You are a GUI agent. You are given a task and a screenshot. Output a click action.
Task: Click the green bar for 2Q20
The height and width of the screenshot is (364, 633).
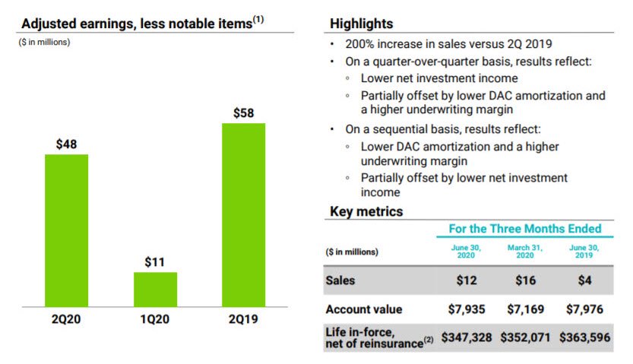(66, 229)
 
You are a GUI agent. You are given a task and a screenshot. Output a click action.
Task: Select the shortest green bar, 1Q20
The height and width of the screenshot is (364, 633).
(155, 289)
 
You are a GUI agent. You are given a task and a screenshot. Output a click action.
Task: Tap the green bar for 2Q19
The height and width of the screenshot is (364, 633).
(243, 214)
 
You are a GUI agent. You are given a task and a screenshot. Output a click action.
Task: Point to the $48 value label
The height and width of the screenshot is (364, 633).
(67, 144)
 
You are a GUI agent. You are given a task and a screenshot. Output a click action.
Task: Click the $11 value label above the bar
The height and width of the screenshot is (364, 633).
(155, 262)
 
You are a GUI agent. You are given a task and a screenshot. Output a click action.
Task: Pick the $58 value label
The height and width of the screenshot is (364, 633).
(243, 113)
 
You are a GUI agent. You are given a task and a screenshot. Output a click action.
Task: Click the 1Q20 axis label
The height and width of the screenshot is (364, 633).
(155, 320)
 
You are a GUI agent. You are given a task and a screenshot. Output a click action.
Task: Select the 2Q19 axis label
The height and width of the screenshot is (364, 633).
(243, 320)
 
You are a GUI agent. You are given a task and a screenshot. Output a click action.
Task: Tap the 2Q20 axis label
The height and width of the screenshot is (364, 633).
(66, 320)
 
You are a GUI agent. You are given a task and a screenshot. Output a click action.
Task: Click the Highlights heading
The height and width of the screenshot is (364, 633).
(361, 24)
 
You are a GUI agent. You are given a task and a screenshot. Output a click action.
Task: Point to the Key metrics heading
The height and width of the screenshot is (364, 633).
(366, 211)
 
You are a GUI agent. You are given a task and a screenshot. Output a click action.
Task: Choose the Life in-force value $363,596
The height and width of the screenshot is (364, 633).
(585, 337)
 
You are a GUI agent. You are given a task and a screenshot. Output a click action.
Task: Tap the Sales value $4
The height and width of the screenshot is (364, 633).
(585, 280)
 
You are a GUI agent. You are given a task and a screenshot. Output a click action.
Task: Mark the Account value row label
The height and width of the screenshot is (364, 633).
(363, 309)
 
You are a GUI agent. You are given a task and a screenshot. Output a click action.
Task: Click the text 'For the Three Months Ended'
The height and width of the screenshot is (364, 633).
(524, 229)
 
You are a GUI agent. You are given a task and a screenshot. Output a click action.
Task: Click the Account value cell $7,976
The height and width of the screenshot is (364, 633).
(585, 309)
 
